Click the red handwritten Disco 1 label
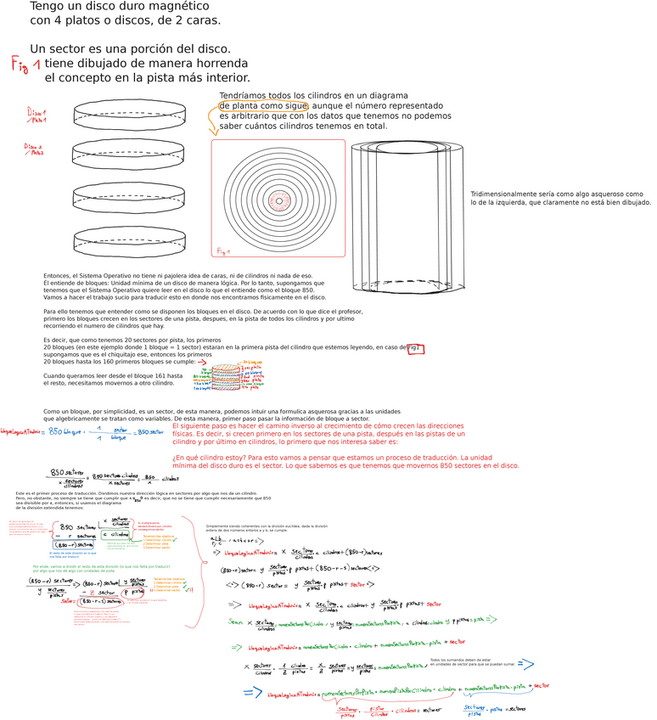[x=36, y=114]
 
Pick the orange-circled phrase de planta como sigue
[x=263, y=105]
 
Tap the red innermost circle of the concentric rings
[x=278, y=201]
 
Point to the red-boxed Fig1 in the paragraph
[x=415, y=348]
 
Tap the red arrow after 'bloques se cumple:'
[x=202, y=362]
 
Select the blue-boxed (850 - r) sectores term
[x=76, y=545]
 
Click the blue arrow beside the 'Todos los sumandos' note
[x=525, y=663]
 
